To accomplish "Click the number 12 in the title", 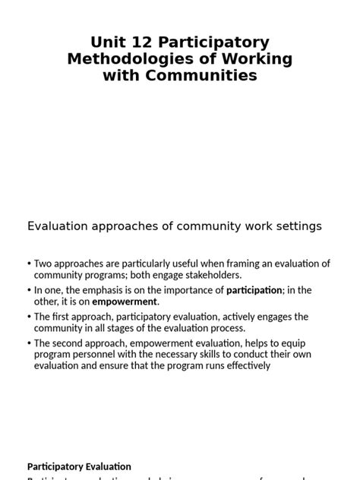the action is pos(144,43).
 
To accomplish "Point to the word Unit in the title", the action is pos(108,43).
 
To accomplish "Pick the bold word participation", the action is pos(254,290).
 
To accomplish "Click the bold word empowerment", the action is pos(125,302).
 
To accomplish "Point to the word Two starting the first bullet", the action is pos(43,264).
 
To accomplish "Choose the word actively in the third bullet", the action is pos(223,317).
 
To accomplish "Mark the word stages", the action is pos(125,328).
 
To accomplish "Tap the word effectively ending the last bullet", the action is pos(245,365).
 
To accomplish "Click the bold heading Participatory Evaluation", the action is pos(79,466).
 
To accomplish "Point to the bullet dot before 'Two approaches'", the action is pos(30,264).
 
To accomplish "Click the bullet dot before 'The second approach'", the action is pos(30,344).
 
